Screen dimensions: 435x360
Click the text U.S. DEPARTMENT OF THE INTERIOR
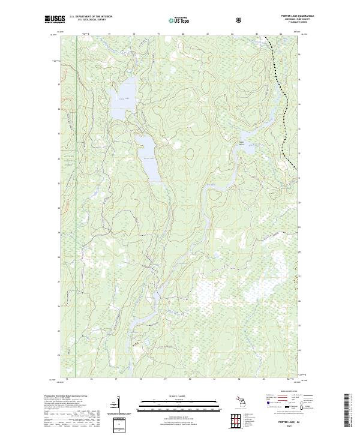[91, 16]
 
